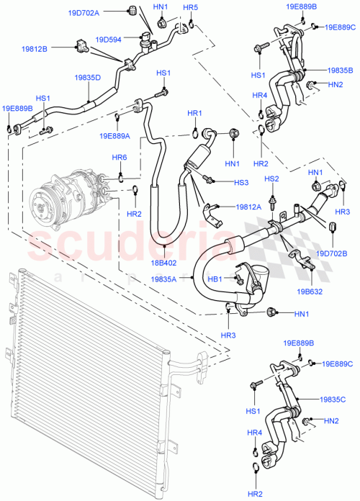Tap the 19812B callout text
[x=34, y=49]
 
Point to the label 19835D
[x=88, y=76]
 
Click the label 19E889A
[x=115, y=135]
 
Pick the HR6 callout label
[x=120, y=158]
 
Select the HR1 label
[x=195, y=113]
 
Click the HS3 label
[x=241, y=183]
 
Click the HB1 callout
[x=215, y=279]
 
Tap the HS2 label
[x=271, y=179]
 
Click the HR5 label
[x=190, y=8]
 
